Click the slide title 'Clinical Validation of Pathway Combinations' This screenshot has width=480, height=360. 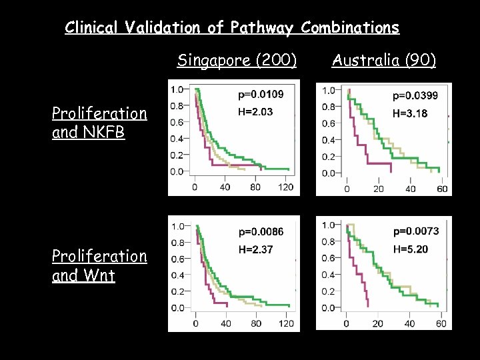(232, 28)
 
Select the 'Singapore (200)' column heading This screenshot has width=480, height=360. (237, 61)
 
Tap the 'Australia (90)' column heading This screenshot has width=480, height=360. (383, 61)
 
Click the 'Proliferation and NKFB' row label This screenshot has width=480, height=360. (99, 123)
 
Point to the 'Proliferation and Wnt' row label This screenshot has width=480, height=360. (99, 265)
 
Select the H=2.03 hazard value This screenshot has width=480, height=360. (255, 112)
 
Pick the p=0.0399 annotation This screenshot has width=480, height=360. (415, 96)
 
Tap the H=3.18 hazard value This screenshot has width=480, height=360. (410, 113)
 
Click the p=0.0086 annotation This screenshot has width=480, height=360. (260, 232)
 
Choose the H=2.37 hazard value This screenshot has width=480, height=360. (255, 250)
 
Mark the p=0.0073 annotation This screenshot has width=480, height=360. (415, 231)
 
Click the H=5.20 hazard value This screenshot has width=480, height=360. (410, 249)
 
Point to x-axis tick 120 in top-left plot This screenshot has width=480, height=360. (285, 187)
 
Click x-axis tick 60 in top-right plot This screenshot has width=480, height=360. (441, 189)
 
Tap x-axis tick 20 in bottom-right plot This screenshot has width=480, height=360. (378, 324)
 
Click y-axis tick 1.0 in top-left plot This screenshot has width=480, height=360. (177, 89)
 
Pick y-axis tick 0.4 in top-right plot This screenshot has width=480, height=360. (329, 140)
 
